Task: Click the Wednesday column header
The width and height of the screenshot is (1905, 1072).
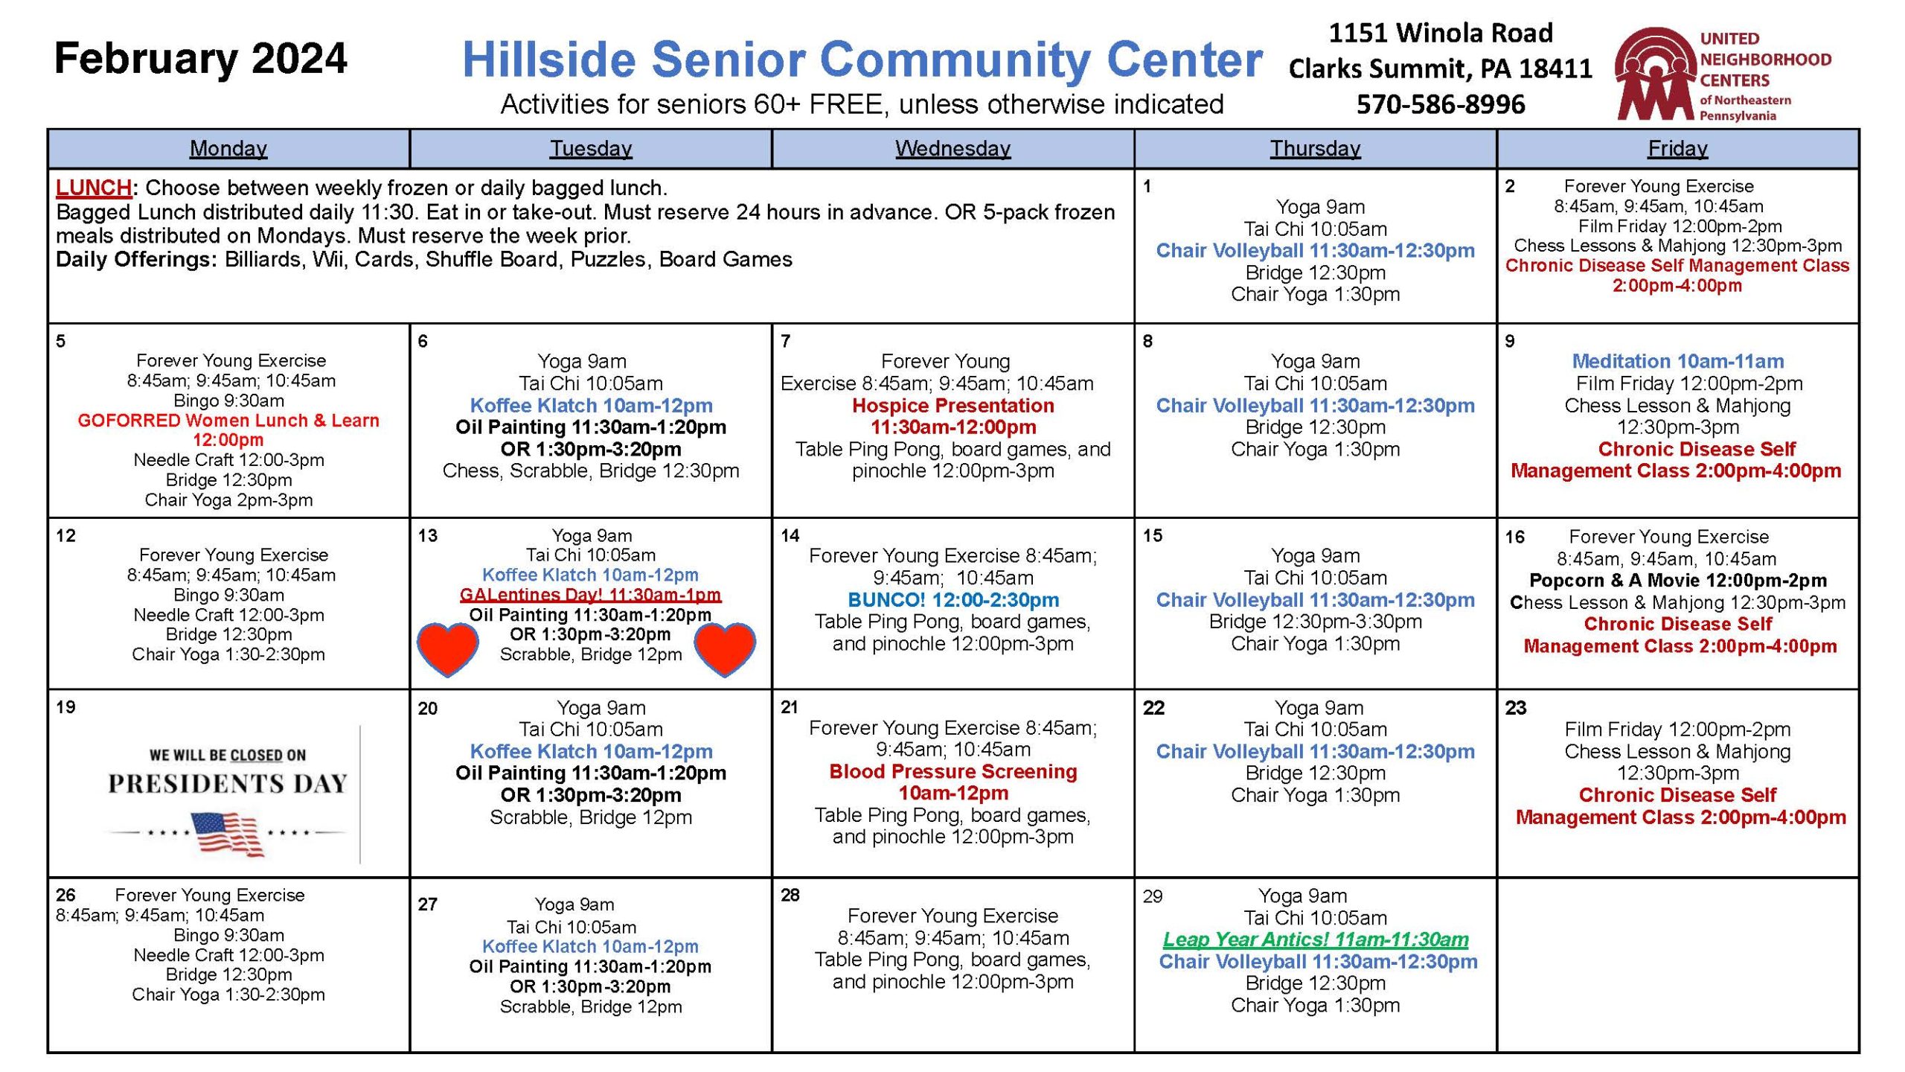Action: point(952,149)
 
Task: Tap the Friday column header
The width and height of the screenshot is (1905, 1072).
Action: point(1677,149)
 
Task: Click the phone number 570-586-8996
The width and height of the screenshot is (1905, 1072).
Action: point(1441,104)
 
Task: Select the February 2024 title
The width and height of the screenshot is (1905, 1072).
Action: point(201,59)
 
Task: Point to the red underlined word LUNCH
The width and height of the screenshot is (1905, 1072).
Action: point(94,188)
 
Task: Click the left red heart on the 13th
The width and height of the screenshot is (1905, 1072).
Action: point(447,649)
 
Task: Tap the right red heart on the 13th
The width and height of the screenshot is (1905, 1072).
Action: point(725,649)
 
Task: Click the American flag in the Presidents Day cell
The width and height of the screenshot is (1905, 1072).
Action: point(227,835)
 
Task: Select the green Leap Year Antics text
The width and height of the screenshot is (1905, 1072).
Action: point(1316,939)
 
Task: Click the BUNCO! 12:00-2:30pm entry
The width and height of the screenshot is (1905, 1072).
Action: point(953,600)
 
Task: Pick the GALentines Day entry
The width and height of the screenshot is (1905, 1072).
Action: point(590,595)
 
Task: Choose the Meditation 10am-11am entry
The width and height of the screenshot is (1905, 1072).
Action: point(1678,362)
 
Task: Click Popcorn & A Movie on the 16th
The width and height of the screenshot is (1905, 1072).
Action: point(1678,581)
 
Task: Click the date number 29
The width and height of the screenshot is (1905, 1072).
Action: point(1153,896)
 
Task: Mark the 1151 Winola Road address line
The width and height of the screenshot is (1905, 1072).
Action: point(1441,33)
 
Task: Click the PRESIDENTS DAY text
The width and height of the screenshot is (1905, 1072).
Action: point(227,784)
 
